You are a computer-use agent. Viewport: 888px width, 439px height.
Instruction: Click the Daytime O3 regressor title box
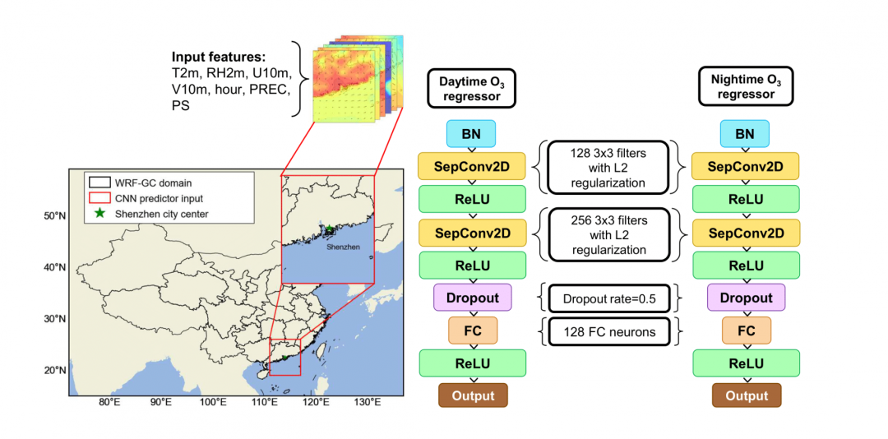tap(472, 87)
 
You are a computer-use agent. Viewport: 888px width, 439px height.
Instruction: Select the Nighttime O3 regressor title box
tap(745, 87)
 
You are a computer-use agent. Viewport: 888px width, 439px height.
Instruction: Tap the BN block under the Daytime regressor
tap(472, 133)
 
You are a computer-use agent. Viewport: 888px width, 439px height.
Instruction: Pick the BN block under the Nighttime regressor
tap(745, 133)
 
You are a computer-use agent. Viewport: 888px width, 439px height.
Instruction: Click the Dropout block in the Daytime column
tap(472, 298)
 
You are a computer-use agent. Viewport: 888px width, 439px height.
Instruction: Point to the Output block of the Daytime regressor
tap(472, 395)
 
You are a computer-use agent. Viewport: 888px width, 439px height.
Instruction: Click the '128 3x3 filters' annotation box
tap(608, 167)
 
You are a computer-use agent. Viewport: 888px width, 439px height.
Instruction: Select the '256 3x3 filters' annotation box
tap(608, 235)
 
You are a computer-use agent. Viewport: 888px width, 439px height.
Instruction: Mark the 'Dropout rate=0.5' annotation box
tap(608, 298)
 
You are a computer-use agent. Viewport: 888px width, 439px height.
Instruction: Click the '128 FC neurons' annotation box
tap(608, 330)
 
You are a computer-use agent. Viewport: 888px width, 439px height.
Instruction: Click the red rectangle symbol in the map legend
tap(100, 198)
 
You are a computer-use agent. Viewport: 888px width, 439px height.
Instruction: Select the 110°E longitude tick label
tap(264, 403)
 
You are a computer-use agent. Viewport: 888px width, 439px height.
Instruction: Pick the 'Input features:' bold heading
tap(219, 58)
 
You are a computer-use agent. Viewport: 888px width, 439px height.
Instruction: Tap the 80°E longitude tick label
tap(110, 403)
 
